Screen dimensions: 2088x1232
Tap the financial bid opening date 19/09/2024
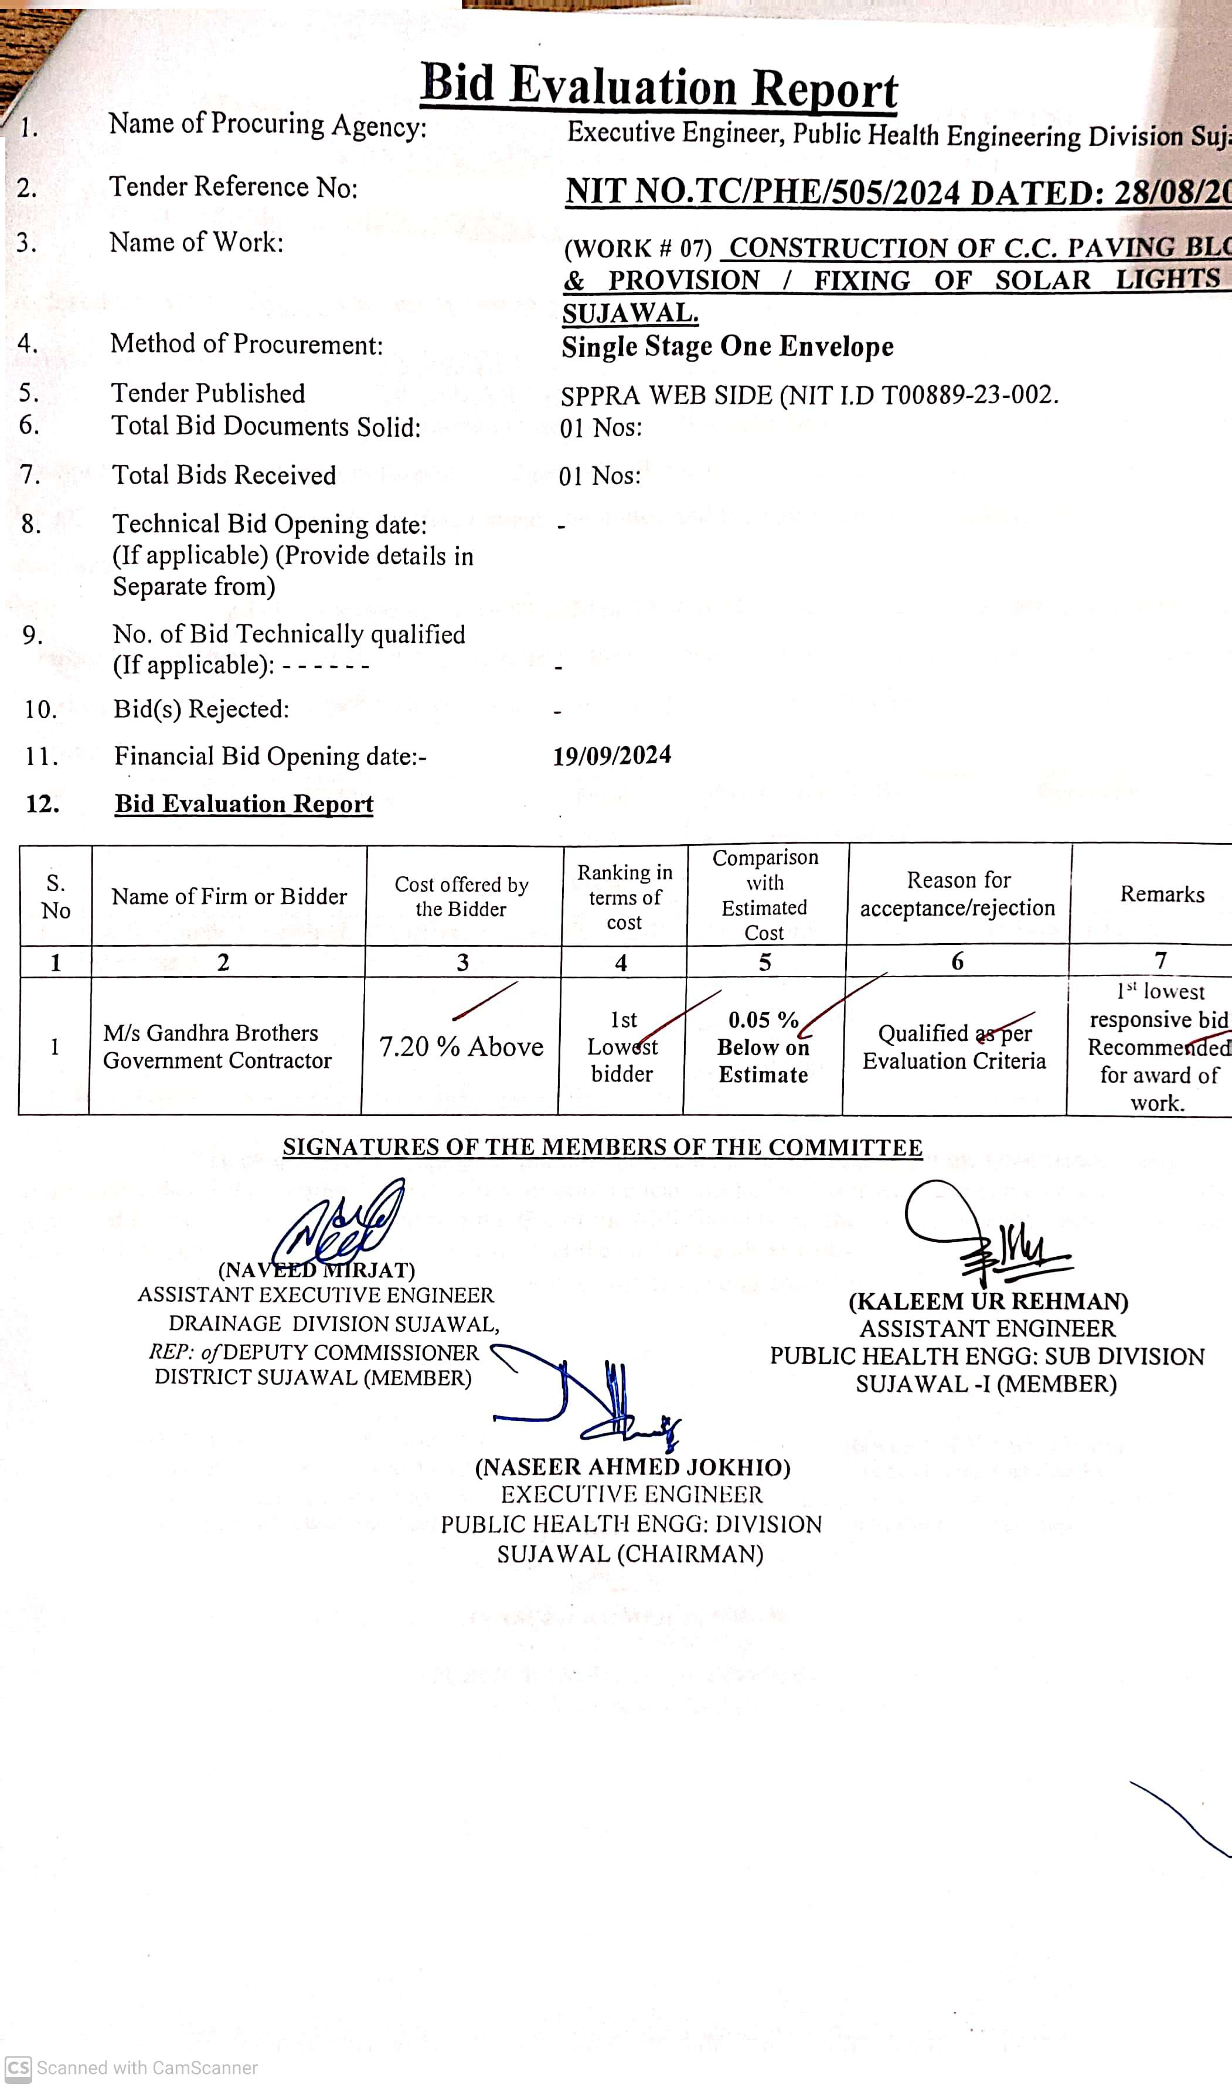coord(612,756)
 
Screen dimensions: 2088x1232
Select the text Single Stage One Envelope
coord(727,346)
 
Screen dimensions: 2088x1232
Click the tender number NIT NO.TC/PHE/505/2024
coord(762,193)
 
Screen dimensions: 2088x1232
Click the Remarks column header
coord(1162,894)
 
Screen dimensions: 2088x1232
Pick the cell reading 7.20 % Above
coord(461,1047)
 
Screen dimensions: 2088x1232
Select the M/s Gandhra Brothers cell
coord(217,1047)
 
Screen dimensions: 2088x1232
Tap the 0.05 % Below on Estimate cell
coord(763,1047)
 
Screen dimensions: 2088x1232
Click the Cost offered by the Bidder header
coord(462,897)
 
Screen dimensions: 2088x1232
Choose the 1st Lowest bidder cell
coord(622,1047)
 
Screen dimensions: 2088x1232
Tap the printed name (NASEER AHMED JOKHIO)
coord(632,1468)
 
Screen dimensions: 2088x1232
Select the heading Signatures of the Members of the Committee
coord(602,1147)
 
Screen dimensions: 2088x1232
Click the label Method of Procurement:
coord(247,344)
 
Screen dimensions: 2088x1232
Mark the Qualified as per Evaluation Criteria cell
coord(955,1047)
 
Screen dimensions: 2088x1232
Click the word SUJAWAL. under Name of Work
coord(630,314)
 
